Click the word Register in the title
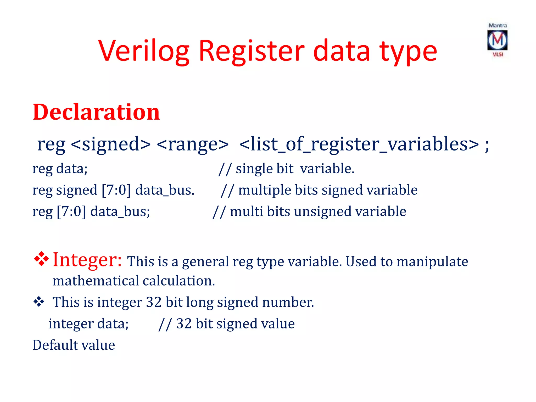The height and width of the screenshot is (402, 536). [x=252, y=51]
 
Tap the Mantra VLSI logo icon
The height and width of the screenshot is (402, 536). [x=497, y=40]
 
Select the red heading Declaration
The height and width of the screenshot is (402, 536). [x=96, y=112]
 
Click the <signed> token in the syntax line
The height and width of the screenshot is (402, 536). [x=111, y=144]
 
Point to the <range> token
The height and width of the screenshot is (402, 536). [x=193, y=144]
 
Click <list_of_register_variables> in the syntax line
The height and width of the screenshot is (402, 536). [x=359, y=144]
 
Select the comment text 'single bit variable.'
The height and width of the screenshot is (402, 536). [x=295, y=169]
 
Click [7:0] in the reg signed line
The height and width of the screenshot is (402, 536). [x=116, y=190]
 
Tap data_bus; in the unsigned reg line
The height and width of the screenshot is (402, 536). [x=120, y=211]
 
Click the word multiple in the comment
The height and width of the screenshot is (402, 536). [x=264, y=190]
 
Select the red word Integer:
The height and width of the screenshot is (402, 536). [x=87, y=260]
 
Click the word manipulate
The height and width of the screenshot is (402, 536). [x=432, y=261]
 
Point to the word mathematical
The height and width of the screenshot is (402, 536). [x=96, y=281]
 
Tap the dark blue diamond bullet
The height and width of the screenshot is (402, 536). [x=39, y=302]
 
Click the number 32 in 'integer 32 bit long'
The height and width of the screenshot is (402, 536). [x=154, y=302]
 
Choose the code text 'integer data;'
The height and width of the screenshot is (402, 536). [x=88, y=324]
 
